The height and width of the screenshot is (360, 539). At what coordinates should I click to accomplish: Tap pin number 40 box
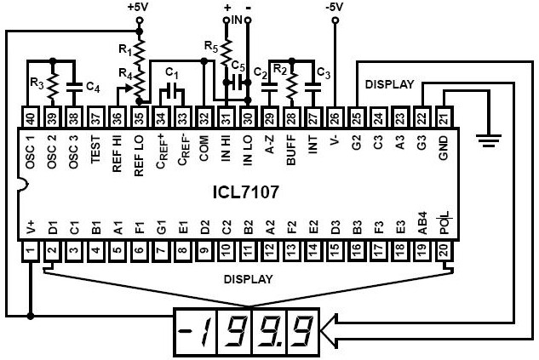pos(30,117)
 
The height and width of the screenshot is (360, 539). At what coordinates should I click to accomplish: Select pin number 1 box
pos(30,250)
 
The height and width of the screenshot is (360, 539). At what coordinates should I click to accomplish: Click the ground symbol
pos(488,136)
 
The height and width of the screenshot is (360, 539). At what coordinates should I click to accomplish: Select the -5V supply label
pos(335,7)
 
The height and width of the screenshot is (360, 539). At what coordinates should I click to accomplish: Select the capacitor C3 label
pos(323,72)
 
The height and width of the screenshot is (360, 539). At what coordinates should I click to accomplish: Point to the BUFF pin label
pos(292,150)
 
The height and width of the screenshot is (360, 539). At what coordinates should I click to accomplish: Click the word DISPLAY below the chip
pos(248,278)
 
